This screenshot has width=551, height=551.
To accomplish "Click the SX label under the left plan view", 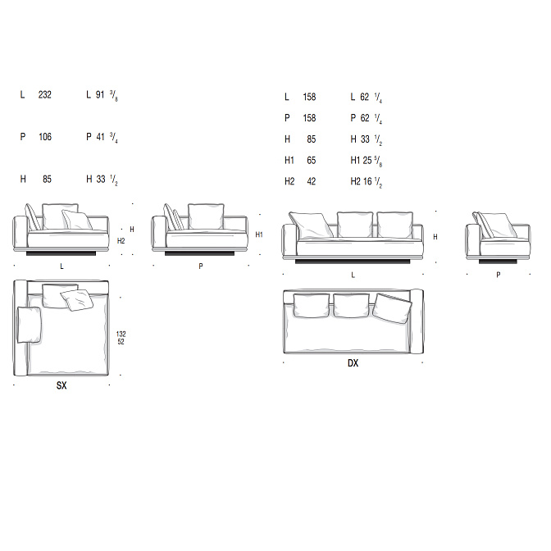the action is pos(61,385).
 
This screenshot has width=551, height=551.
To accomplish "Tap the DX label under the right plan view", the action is pos(353,363).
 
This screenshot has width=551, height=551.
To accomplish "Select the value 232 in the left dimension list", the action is pos(45,95).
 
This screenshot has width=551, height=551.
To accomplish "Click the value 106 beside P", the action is pos(45,137).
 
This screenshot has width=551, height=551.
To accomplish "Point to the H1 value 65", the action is pos(312,161).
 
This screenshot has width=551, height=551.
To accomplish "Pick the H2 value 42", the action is pos(312,182).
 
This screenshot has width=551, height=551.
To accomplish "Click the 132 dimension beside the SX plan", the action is pos(121,334).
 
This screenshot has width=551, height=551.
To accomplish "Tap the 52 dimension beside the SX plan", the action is pos(121,342).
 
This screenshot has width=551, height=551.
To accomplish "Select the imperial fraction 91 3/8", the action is pos(107,95).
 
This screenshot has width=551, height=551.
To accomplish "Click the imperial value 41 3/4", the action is pos(107,137).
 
